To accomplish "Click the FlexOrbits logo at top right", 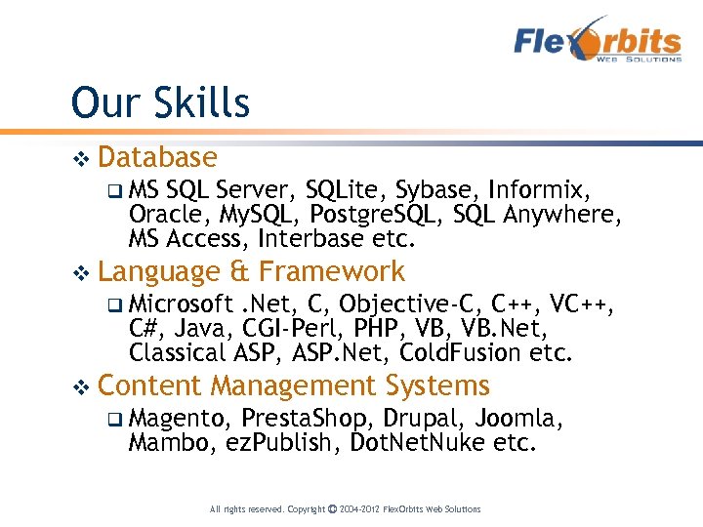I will click(x=598, y=43).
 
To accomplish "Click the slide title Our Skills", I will click(x=160, y=102).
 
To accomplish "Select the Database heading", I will click(x=157, y=157).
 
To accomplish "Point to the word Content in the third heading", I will click(x=149, y=385).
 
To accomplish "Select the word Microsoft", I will click(x=181, y=303).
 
